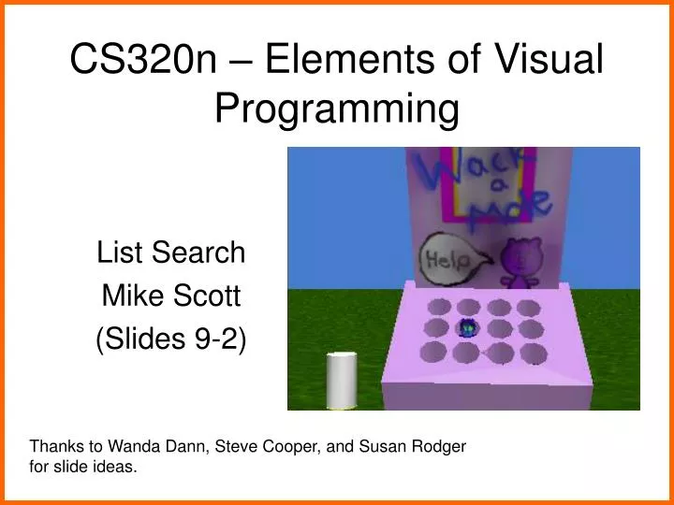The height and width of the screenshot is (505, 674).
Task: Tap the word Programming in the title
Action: [338, 108]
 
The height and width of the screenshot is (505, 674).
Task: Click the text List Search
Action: [171, 252]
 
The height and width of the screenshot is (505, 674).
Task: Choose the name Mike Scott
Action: [171, 296]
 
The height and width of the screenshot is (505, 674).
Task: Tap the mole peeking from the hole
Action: [468, 328]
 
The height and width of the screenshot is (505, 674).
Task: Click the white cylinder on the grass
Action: [341, 381]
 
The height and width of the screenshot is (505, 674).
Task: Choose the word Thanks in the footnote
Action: [52, 446]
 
